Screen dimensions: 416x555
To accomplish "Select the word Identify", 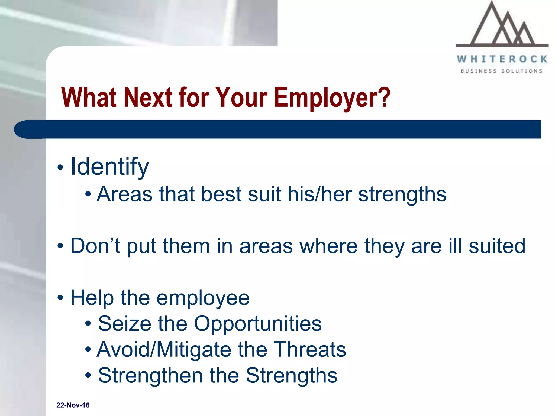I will point(109,167).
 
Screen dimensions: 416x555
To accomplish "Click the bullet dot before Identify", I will point(60,167).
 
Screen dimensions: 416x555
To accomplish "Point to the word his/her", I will point(320,194).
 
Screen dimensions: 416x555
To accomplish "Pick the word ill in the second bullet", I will point(455,246).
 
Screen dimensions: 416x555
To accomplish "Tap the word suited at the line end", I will point(497,246).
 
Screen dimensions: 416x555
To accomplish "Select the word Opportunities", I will point(258,324).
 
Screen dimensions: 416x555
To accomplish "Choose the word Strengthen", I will point(150,376).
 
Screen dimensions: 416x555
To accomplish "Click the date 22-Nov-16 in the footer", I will point(73,405).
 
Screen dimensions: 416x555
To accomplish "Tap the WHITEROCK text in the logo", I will point(502,59).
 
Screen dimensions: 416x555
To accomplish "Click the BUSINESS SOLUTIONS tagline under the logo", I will point(501,71).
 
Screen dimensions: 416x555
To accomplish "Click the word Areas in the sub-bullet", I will point(125,194).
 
